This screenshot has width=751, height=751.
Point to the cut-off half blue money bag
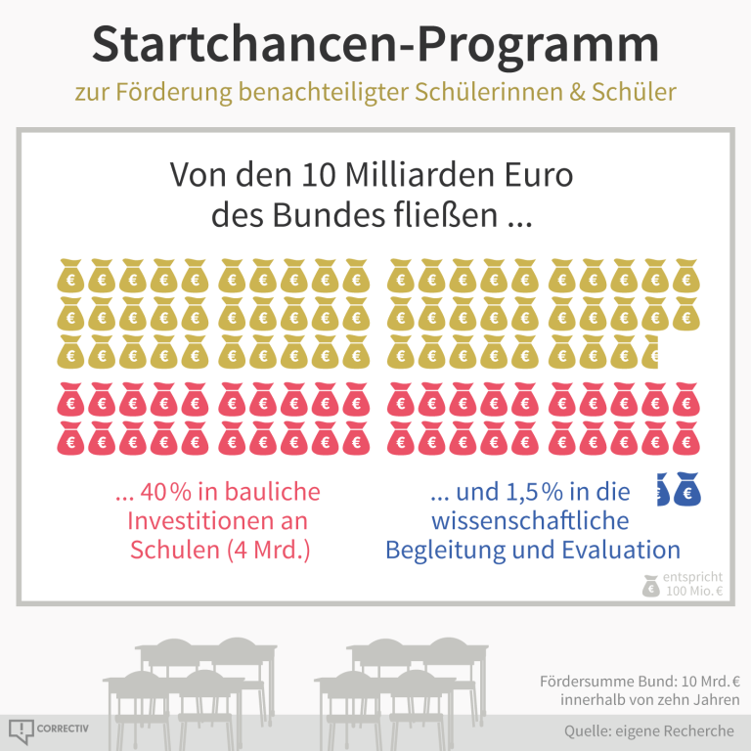tap(661, 491)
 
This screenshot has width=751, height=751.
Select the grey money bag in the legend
tap(650, 585)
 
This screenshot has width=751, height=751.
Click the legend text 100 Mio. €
tap(693, 592)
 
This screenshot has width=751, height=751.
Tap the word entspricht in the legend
tap(693, 577)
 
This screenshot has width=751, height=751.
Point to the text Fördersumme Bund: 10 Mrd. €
tap(640, 682)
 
